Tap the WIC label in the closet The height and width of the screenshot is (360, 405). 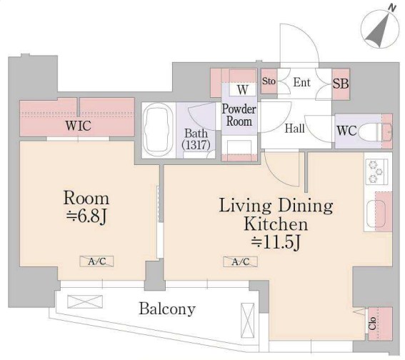[x=79, y=126]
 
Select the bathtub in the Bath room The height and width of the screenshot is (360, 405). [x=159, y=131]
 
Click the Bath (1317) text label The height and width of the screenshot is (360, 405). [x=196, y=139]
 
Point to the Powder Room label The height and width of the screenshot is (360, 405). [x=239, y=115]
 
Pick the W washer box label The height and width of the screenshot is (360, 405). [x=243, y=89]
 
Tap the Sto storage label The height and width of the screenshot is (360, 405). [x=269, y=81]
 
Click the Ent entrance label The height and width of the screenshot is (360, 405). [x=301, y=82]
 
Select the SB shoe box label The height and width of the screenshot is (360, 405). [x=341, y=84]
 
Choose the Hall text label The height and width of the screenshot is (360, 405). [x=295, y=129]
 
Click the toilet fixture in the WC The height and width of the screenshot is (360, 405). [x=375, y=131]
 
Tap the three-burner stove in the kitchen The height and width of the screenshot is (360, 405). [x=376, y=171]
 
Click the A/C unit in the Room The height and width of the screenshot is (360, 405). [x=96, y=261]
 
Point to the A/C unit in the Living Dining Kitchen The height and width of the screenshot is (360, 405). [x=240, y=261]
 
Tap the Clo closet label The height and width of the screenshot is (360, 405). [x=372, y=324]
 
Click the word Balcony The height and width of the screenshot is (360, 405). [x=167, y=309]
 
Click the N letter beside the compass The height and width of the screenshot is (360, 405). [x=392, y=8]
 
